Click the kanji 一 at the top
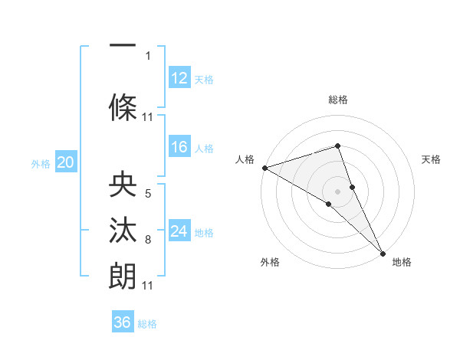coord(123,46)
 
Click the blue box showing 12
coord(179,77)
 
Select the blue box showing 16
coord(179,147)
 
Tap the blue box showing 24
coord(179,231)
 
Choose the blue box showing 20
coord(66,162)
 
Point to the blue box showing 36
coord(123,322)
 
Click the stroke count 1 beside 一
coord(148,55)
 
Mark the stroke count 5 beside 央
coord(148,194)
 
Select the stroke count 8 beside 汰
coord(148,241)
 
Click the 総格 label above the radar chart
coord(337,100)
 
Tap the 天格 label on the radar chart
coord(432,159)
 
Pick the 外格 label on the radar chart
coord(270,262)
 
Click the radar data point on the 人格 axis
coord(264,167)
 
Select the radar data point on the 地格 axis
coord(383,253)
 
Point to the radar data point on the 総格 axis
coord(337,146)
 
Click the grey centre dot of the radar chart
coord(337,191)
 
